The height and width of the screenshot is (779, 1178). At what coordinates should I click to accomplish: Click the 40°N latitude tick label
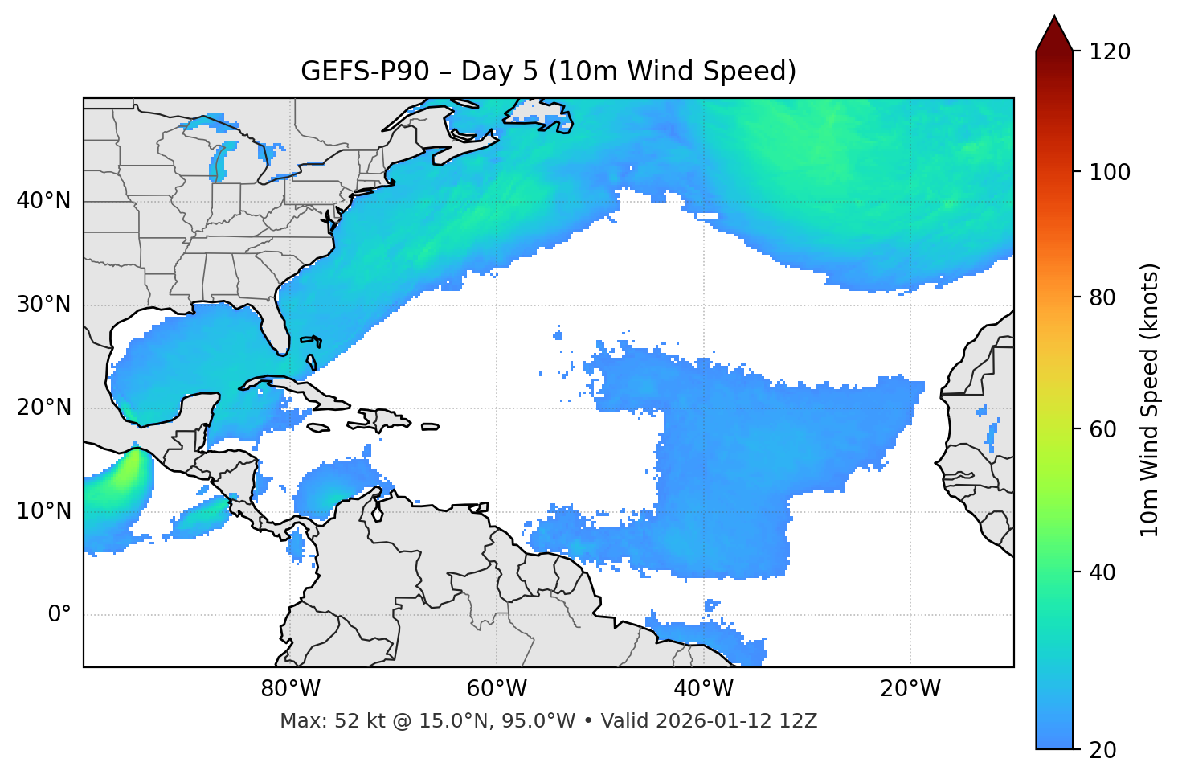43,201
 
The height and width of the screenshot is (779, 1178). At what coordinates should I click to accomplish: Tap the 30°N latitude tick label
43,305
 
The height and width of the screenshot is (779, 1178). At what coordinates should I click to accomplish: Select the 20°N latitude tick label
43,408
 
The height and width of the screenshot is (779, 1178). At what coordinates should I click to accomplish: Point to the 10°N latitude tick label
43,511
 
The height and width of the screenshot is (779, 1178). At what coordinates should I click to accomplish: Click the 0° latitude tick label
59,615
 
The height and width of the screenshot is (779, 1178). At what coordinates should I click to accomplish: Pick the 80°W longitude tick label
290,689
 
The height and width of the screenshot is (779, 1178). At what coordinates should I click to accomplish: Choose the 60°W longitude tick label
497,689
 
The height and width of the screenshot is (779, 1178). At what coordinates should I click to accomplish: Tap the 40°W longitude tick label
703,689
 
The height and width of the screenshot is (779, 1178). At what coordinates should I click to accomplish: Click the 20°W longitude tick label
910,689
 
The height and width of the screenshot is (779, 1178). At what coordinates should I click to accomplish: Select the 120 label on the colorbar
1110,52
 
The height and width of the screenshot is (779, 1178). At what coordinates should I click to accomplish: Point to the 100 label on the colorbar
1110,172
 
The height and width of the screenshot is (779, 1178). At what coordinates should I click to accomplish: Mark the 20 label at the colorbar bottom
1103,750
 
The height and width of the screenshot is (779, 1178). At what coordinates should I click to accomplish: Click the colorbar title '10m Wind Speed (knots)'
1150,400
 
